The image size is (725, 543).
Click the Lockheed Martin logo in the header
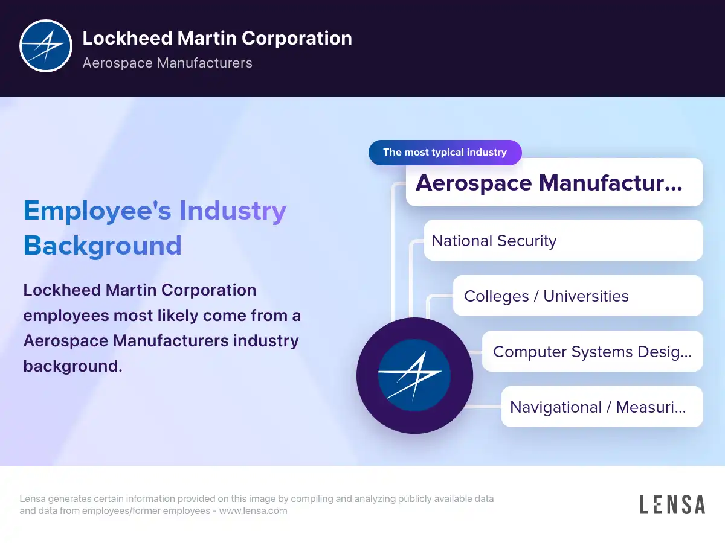46,46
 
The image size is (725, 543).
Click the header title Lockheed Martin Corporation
217,38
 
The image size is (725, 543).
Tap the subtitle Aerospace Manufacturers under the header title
167,63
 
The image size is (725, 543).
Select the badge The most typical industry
445,152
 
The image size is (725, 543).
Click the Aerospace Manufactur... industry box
554,182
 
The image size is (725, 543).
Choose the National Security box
563,240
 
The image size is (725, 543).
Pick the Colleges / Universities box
578,296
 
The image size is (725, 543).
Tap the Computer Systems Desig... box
592,351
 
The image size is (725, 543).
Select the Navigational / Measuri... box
602,407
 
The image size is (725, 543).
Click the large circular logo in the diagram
414,375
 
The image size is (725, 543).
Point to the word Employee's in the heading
97,211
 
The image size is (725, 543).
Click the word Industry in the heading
233,211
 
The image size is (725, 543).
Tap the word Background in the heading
102,246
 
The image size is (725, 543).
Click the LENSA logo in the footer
672,504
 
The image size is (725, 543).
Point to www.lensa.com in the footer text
253,510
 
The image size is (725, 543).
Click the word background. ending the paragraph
72,366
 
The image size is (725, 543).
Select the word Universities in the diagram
586,296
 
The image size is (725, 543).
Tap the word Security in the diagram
527,241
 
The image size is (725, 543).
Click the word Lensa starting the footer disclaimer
33,498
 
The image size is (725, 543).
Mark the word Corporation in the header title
297,39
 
